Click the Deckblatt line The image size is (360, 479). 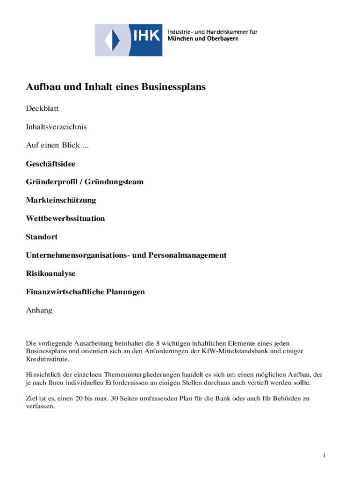pos(42,109)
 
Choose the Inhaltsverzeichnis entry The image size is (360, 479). pos(56,127)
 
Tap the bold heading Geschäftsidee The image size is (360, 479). pos(50,164)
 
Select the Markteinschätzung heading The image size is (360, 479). pos(61,200)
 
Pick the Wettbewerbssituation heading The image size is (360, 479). pos(65,218)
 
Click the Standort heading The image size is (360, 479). pos(42,237)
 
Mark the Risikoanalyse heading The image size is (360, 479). pos(50,273)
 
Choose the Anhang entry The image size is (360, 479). pos(39,310)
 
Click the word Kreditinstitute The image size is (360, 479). pos(47,359)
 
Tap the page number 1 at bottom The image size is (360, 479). pos(324,456)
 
